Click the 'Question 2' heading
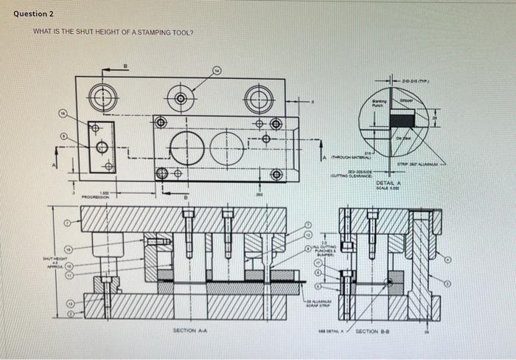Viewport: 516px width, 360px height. [33, 14]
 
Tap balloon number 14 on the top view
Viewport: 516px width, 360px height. [217, 71]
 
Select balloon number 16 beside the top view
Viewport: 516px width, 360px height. [64, 114]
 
